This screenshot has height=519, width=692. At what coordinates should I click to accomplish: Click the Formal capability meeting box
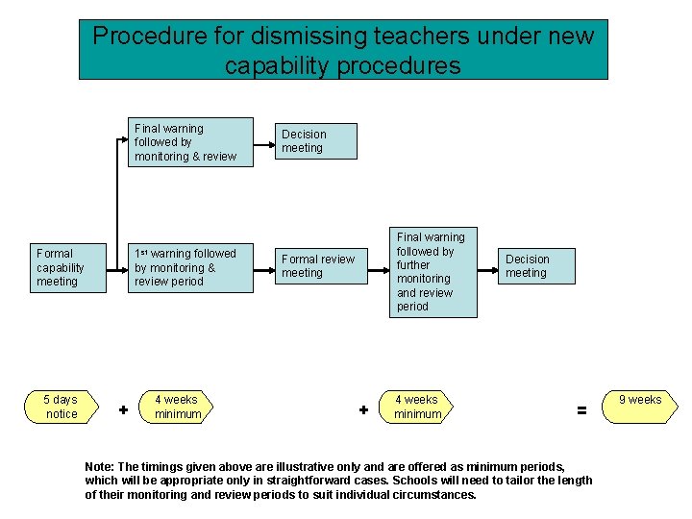click(68, 267)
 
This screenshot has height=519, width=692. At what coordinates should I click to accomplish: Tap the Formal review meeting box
click(318, 266)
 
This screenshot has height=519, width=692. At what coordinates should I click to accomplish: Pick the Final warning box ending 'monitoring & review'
click(190, 142)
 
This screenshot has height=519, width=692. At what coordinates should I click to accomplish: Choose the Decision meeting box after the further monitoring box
click(538, 266)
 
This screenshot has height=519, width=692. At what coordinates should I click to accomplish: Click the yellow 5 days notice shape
click(62, 407)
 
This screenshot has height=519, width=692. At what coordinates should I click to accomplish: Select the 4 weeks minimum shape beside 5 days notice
click(179, 407)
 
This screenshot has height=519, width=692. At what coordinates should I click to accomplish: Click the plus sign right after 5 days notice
click(123, 409)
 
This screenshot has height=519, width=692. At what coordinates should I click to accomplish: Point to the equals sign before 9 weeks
click(581, 409)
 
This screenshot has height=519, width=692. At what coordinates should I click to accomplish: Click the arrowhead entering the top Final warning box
click(124, 140)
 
